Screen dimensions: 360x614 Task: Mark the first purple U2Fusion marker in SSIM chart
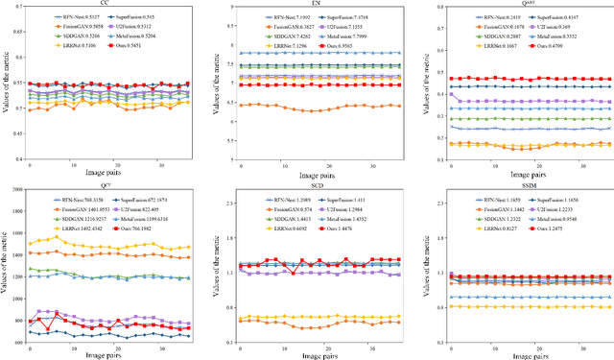tap(446, 277)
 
